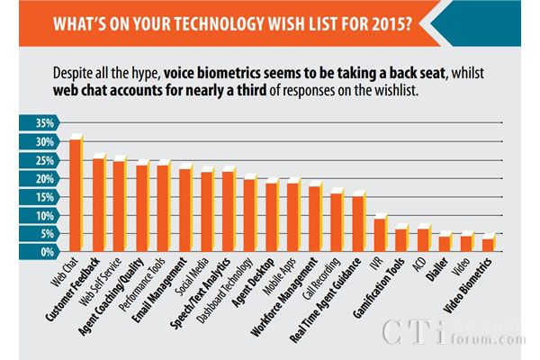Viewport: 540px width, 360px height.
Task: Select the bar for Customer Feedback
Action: click(99, 206)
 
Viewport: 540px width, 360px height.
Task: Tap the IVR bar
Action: click(380, 236)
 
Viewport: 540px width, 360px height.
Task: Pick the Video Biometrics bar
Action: click(488, 246)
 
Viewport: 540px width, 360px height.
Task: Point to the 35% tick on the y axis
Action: click(45, 123)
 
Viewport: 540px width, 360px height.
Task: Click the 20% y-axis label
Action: click(45, 179)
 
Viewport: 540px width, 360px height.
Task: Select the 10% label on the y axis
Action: click(45, 216)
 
